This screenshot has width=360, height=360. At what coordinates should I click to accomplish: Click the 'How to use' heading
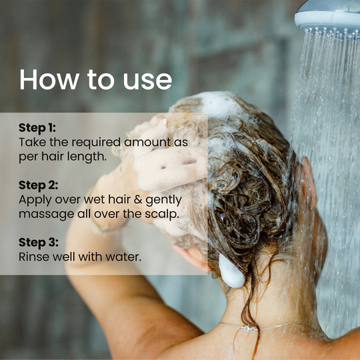[x=96, y=79]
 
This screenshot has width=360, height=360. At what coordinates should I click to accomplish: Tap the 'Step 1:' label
[x=37, y=127]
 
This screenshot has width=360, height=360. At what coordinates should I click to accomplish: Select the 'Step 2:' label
[x=39, y=185]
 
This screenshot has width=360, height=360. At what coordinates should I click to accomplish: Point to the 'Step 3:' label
[x=39, y=243]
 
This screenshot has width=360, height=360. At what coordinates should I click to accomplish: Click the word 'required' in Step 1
[x=96, y=143]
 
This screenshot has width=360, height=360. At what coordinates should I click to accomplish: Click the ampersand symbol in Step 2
[x=138, y=199]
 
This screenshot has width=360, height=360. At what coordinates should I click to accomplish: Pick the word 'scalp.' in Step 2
[x=162, y=214]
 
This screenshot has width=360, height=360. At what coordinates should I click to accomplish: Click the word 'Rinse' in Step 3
[x=34, y=257]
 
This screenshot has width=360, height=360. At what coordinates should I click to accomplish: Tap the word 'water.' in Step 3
[x=123, y=257]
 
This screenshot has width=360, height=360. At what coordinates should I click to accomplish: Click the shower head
[x=328, y=19]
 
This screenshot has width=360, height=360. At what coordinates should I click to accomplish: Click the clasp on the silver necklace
[x=249, y=329]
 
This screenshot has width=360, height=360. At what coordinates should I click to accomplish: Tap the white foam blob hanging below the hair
[x=231, y=271]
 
